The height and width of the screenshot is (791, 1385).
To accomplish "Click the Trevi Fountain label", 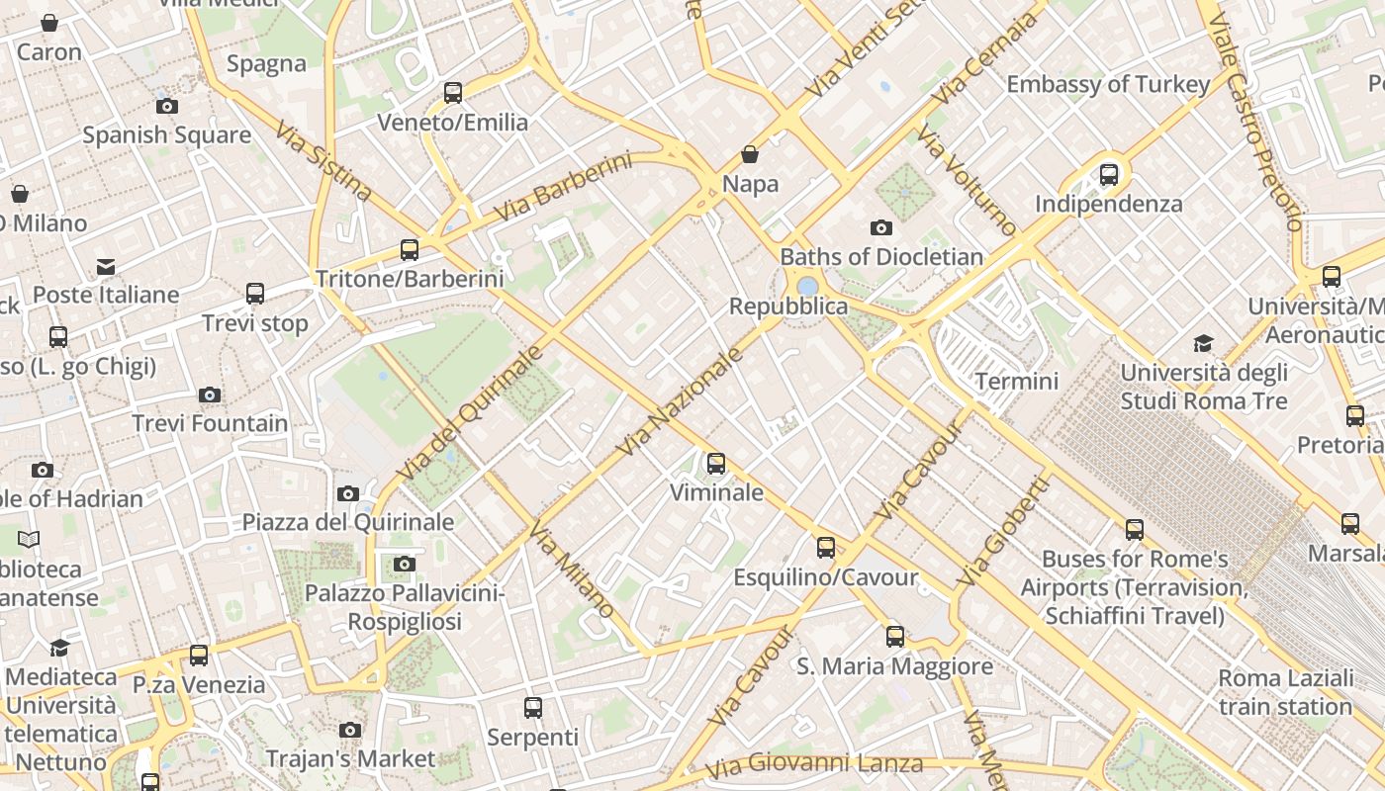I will [x=211, y=423].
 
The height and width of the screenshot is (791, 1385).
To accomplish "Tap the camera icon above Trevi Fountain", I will [x=209, y=395].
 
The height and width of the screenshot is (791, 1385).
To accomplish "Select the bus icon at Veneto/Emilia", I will [x=453, y=93].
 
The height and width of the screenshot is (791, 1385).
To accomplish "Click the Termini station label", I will [x=1016, y=381].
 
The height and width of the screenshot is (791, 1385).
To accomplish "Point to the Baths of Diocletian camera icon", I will [x=880, y=228].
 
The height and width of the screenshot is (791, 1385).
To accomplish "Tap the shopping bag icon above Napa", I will [x=750, y=154].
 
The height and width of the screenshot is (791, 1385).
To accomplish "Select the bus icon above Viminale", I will [x=715, y=463].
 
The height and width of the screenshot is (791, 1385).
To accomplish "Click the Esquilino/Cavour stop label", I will [x=825, y=576].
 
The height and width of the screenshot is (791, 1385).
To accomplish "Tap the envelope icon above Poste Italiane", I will [x=106, y=267].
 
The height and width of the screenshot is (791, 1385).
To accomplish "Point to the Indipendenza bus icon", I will [x=1109, y=175].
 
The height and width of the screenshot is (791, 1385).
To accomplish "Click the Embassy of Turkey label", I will [x=1108, y=84].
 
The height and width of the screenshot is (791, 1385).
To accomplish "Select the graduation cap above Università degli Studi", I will [x=1203, y=344].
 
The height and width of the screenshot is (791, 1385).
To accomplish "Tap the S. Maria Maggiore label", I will [x=894, y=666].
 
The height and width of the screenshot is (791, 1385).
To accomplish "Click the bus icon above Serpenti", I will [x=533, y=708].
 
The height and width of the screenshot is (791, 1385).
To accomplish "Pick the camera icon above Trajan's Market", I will [x=349, y=731].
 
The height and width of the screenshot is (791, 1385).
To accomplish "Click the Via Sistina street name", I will [x=323, y=160].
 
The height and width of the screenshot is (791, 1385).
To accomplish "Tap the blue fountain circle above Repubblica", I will [x=807, y=286].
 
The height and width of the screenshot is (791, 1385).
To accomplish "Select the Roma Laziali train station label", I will [x=1285, y=692].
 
